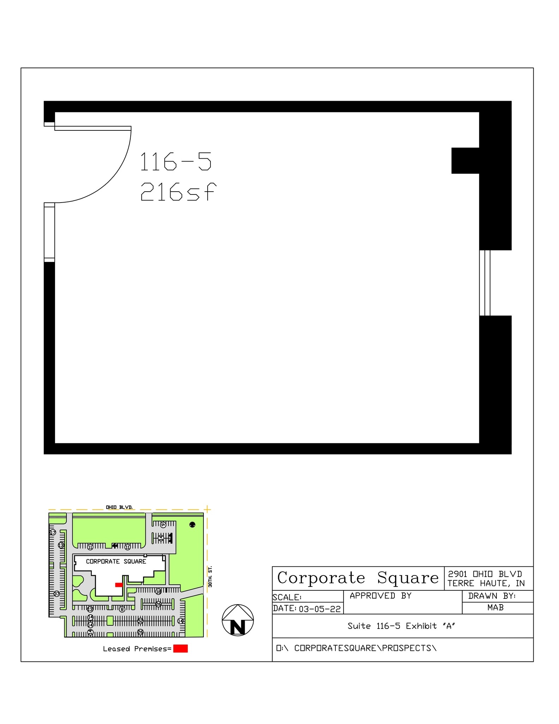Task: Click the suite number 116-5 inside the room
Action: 176,162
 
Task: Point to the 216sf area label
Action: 178,192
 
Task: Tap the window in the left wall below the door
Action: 49,232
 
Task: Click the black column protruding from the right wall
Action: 465,160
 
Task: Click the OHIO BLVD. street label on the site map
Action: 119,507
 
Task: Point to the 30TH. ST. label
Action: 210,577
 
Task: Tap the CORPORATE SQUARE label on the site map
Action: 116,561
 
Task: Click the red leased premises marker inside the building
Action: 119,585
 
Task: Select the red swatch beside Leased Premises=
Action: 180,648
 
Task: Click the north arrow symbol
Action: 238,620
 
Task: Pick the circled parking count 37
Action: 57,594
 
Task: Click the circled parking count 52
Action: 140,621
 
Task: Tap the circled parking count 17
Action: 53,532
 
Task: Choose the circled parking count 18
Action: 159,591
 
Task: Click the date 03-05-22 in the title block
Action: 320,609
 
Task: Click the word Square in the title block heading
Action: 408,578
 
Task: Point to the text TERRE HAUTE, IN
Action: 486,584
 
